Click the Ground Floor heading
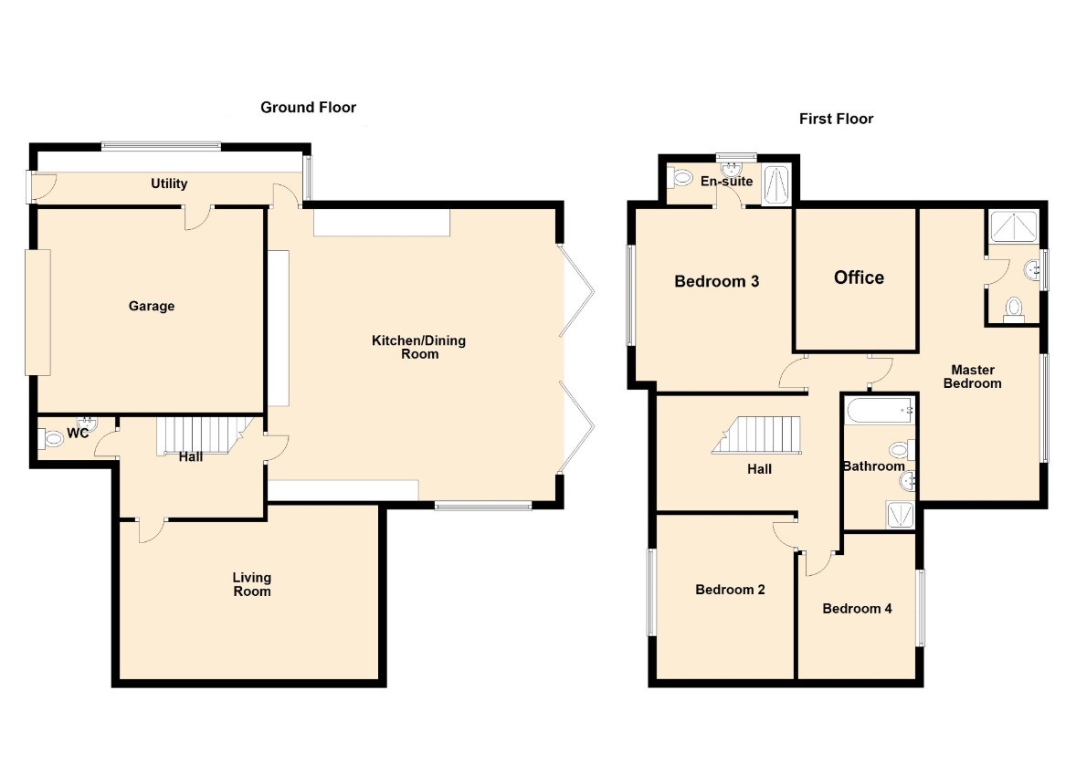[x=308, y=107]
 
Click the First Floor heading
[x=836, y=119]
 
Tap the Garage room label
[x=152, y=306]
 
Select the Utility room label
[x=169, y=183]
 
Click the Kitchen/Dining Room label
[x=418, y=347]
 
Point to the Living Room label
[x=252, y=584]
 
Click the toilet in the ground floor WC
[x=51, y=437]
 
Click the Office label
[x=859, y=277]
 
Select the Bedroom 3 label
[x=716, y=281]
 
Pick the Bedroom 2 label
[x=730, y=590]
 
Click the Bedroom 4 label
[x=857, y=608]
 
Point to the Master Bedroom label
[x=973, y=376]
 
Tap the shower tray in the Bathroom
[x=901, y=515]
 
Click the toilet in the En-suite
[x=681, y=179]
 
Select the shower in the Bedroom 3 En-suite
[x=776, y=183]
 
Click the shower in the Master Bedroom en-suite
[x=1014, y=226]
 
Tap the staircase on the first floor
[x=757, y=434]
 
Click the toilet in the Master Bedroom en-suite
[x=1014, y=310]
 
